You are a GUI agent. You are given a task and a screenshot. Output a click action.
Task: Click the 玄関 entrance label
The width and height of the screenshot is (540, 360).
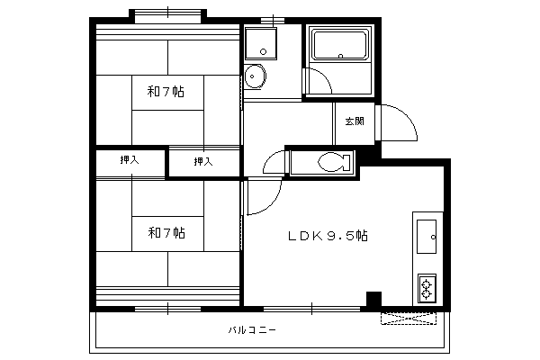pyautogui.click(x=355, y=121)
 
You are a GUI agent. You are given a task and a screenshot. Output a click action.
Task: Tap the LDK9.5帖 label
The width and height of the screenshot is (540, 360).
pyautogui.click(x=328, y=236)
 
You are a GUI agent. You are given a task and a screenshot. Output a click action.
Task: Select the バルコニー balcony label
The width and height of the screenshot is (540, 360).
pyautogui.click(x=252, y=330)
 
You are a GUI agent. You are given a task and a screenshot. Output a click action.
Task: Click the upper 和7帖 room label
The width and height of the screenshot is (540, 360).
pyautogui.click(x=166, y=92)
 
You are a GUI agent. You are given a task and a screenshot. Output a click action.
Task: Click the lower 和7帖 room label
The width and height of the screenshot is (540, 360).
pyautogui.click(x=166, y=233)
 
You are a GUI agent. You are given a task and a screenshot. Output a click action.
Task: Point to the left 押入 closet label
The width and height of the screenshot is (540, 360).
pyautogui.click(x=130, y=160)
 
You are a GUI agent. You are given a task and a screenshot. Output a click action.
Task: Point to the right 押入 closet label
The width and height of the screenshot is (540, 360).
pyautogui.click(x=203, y=161)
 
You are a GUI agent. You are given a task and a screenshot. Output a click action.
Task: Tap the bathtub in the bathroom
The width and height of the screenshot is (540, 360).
pyautogui.click(x=340, y=45)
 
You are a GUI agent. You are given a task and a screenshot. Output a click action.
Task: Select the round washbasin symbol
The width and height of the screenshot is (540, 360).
pyautogui.click(x=256, y=76)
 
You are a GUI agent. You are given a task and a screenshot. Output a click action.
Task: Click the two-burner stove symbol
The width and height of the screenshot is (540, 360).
pyautogui.click(x=427, y=289)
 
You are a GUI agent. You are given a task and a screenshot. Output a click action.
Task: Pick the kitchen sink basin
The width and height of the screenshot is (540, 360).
pyautogui.click(x=427, y=237)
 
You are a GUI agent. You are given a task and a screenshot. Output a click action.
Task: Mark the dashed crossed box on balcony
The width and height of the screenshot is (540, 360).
pyautogui.click(x=409, y=319)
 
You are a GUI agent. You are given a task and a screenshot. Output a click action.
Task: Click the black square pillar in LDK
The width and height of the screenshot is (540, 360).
pyautogui.click(x=373, y=299)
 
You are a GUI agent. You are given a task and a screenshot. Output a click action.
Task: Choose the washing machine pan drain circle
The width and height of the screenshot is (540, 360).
pyautogui.click(x=264, y=51)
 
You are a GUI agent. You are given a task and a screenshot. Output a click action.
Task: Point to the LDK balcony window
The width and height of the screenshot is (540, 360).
pyautogui.click(x=311, y=309)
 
